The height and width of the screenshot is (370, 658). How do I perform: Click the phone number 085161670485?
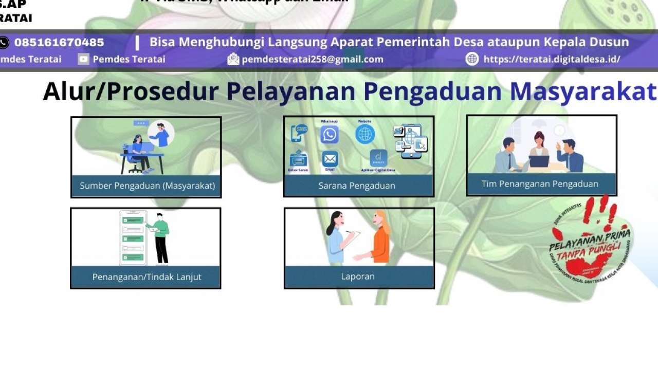[x=59, y=43]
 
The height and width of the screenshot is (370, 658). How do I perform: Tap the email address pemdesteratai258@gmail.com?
[x=313, y=59]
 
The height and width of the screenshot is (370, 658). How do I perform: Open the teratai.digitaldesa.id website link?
[x=552, y=59]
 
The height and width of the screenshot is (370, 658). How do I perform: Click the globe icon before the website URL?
[x=472, y=59]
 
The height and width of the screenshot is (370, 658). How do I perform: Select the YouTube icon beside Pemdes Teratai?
[x=83, y=59]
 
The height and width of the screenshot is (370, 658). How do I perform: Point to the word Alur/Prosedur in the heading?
[x=131, y=91]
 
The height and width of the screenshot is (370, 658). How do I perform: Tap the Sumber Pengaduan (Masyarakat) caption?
[x=147, y=186]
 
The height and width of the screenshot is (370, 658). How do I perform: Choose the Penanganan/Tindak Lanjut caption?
[x=147, y=276]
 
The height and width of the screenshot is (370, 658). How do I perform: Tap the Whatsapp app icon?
[x=330, y=135]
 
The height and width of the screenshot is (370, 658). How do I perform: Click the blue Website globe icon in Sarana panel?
[x=365, y=135]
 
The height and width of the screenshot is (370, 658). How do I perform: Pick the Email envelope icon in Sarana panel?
[x=330, y=159]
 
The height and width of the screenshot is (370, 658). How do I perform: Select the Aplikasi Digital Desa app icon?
[x=378, y=158]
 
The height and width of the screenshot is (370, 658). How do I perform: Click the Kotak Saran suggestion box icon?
[x=298, y=158]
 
